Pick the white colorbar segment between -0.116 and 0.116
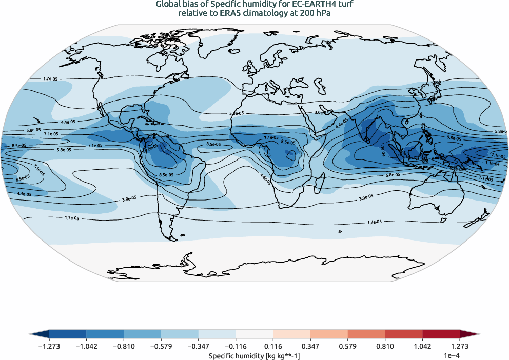tap(254, 334)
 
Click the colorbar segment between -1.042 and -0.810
tap(105, 334)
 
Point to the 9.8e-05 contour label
tap(454, 138)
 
